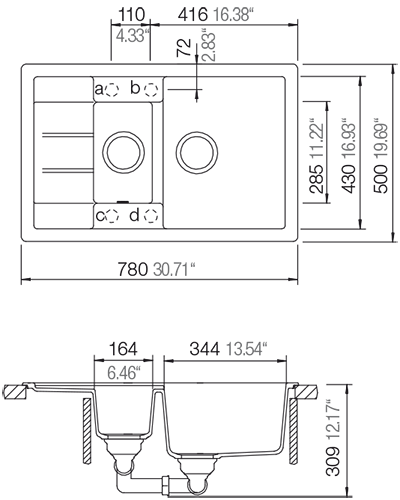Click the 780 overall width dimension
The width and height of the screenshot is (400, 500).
(132, 269)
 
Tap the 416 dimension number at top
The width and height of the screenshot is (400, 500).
(193, 15)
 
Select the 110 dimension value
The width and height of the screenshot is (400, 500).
(132, 15)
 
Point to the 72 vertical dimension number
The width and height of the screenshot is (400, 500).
(184, 47)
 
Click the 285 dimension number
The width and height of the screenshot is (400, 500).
(317, 178)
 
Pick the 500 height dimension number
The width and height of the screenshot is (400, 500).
(381, 178)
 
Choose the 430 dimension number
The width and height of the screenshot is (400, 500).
(349, 178)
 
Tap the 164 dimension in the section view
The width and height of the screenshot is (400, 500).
(123, 349)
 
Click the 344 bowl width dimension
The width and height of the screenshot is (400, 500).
(205, 349)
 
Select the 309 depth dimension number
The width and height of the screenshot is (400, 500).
(332, 460)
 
